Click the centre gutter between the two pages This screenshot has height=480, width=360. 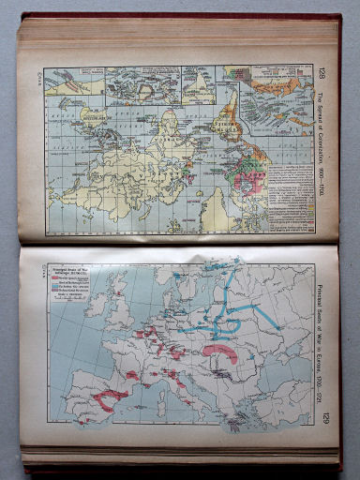pyautogui.click(x=178, y=241)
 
